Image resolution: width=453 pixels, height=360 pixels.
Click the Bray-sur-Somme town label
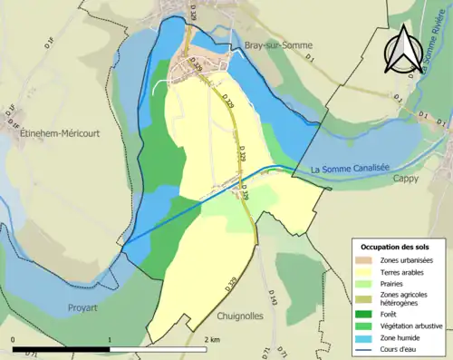274,46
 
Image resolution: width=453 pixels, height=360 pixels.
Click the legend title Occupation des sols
395,247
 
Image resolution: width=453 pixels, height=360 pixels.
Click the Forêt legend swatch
367,315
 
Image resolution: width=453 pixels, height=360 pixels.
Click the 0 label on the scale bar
13,339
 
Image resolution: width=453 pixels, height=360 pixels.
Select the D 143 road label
271,297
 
